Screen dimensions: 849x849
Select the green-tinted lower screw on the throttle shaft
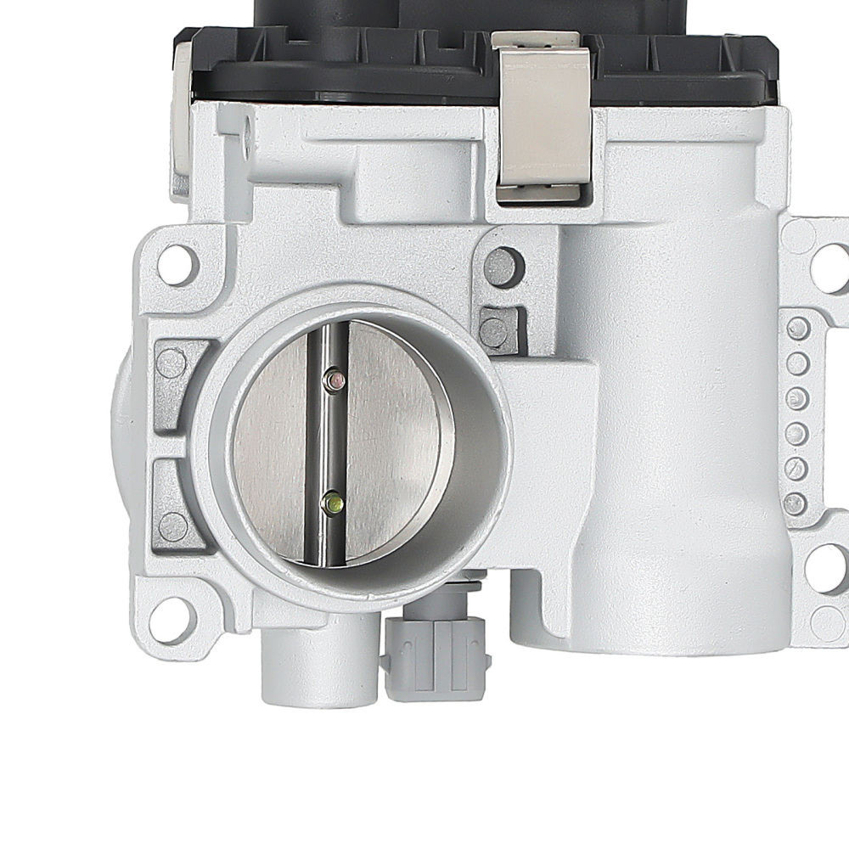(333, 504)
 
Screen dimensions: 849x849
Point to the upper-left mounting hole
(177, 264)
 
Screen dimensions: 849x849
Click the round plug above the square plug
(503, 267)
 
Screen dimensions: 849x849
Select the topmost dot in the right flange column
(797, 329)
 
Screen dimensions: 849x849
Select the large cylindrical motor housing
(671, 424)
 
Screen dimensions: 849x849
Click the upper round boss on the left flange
(172, 364)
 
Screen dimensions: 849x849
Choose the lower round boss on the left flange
(173, 526)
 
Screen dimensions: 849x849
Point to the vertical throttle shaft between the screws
(333, 441)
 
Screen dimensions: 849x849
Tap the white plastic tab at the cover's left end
(180, 110)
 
